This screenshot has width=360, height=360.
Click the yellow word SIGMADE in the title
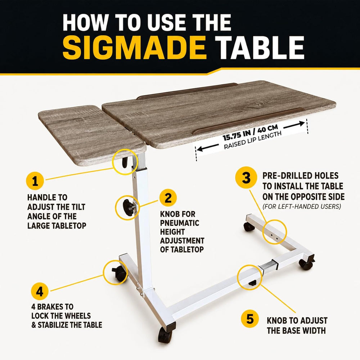point(134,48)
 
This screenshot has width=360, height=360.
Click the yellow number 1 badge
point(35,181)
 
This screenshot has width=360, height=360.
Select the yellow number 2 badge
point(168,198)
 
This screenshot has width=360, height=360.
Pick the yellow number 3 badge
point(246,178)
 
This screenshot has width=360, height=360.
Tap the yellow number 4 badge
point(40,292)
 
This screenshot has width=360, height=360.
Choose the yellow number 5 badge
point(250,319)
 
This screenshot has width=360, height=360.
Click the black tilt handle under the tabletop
point(125,162)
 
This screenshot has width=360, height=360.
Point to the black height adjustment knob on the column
point(128,208)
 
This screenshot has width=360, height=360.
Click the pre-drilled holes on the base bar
point(274,237)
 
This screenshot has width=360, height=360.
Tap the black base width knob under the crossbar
point(253,283)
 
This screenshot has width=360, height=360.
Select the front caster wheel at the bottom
point(165,336)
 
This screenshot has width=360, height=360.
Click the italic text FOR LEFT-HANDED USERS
point(301,206)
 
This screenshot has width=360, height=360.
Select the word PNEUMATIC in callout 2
point(180,223)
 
